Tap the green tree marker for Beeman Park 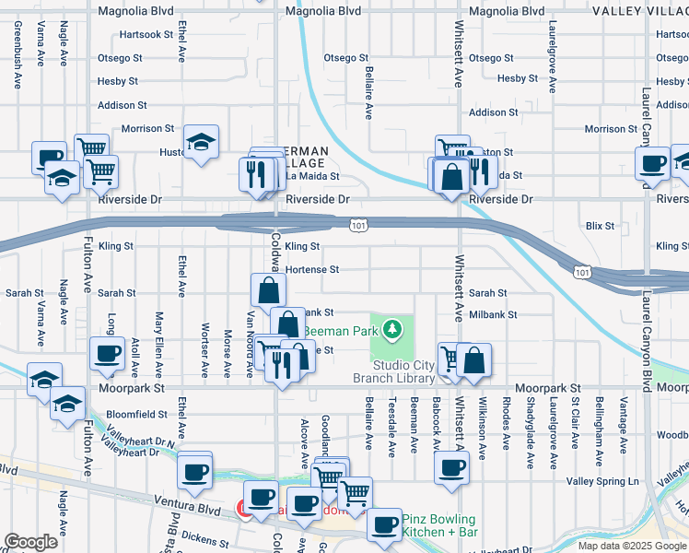coord(393,328)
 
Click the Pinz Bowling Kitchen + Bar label coord(438,526)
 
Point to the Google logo coord(30,542)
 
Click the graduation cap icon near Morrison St coord(201,142)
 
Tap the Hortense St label coord(312,270)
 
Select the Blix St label coord(600,226)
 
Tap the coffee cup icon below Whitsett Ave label coord(450,468)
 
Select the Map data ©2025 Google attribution coord(632,546)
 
